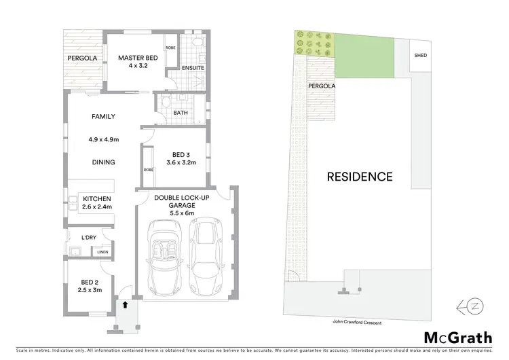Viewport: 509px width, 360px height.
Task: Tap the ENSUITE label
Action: tap(193, 68)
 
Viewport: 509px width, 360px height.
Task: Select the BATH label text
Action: tap(180, 113)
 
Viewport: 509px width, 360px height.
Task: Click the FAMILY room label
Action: tap(103, 117)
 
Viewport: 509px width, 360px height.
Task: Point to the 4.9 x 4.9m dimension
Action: tap(103, 140)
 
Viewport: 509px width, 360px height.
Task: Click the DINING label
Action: tap(103, 162)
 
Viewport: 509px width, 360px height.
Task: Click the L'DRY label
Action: tap(89, 237)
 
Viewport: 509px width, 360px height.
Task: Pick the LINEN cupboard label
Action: tap(102, 253)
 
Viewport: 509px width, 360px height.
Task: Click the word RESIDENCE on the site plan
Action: tap(360, 177)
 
